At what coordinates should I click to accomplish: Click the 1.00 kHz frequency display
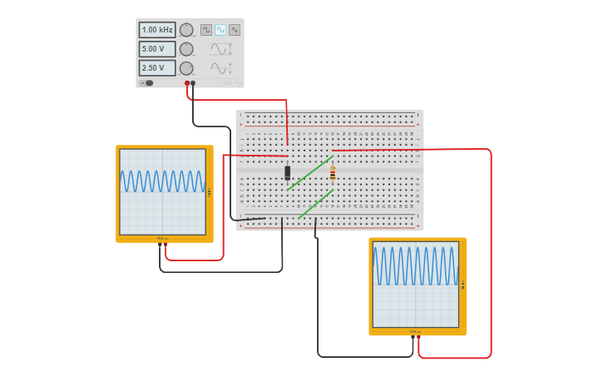point(156,30)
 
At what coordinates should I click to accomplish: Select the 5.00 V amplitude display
point(156,49)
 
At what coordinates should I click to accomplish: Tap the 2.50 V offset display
point(156,68)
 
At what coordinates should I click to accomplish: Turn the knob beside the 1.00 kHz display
point(186,30)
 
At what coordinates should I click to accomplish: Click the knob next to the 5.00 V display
point(186,49)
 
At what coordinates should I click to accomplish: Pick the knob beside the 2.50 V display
point(186,68)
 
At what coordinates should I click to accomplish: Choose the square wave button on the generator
point(206,30)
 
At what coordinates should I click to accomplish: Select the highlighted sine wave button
point(220,30)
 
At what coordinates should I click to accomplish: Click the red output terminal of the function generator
point(187,83)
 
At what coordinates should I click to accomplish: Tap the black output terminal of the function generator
point(193,83)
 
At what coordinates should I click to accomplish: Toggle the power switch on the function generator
point(148,82)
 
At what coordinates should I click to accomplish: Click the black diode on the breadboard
point(288,173)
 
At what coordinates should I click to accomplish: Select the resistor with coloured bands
point(333,173)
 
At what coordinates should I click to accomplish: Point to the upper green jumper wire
point(310,173)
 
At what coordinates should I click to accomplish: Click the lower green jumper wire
point(316,204)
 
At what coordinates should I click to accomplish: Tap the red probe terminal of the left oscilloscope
point(166,244)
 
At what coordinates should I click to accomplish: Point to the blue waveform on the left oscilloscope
point(162,181)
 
